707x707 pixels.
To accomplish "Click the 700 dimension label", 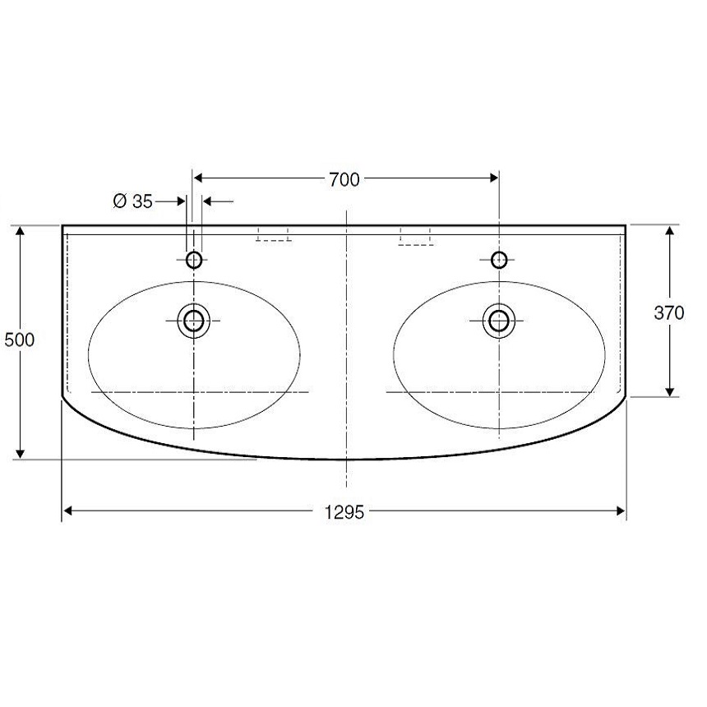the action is pyautogui.click(x=344, y=179).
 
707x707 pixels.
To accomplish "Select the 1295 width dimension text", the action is pyautogui.click(x=344, y=512).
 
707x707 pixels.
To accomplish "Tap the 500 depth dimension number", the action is pyautogui.click(x=20, y=340).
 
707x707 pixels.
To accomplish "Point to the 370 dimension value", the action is pyautogui.click(x=669, y=312).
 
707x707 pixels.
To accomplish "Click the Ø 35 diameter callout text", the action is pyautogui.click(x=133, y=201).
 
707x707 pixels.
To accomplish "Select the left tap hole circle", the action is pyautogui.click(x=194, y=260).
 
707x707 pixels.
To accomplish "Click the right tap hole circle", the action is pyautogui.click(x=499, y=260).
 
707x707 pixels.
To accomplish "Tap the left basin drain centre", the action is pyautogui.click(x=194, y=321).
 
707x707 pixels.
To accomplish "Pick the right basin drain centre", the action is pyautogui.click(x=499, y=321).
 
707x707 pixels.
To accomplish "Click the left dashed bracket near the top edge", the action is pyautogui.click(x=273, y=234).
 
